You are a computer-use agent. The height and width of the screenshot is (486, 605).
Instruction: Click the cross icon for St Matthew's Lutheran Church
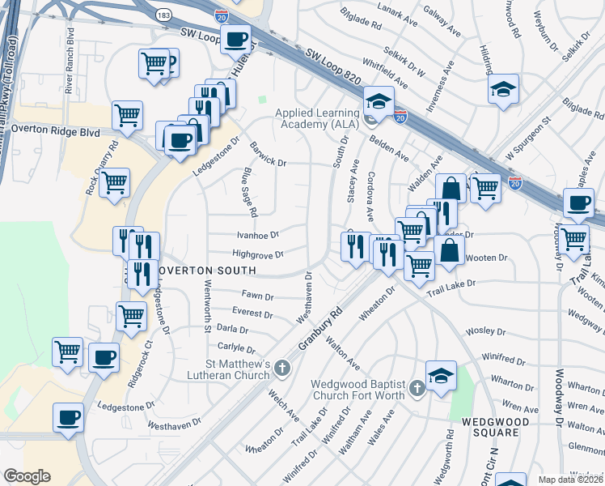coord(282,369)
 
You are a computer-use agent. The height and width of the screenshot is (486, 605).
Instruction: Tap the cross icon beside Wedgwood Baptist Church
coord(417,389)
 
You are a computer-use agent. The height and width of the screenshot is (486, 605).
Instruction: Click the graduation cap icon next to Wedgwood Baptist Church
coord(441,375)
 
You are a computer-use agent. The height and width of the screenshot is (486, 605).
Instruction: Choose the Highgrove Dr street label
coord(257,254)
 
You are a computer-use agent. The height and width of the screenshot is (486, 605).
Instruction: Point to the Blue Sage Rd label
coord(250,192)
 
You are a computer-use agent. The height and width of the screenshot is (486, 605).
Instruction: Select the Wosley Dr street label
coord(485,332)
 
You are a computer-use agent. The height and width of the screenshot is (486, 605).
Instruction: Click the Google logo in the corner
coord(27,475)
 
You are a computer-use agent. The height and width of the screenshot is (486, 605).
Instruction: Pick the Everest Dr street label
coord(252,313)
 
